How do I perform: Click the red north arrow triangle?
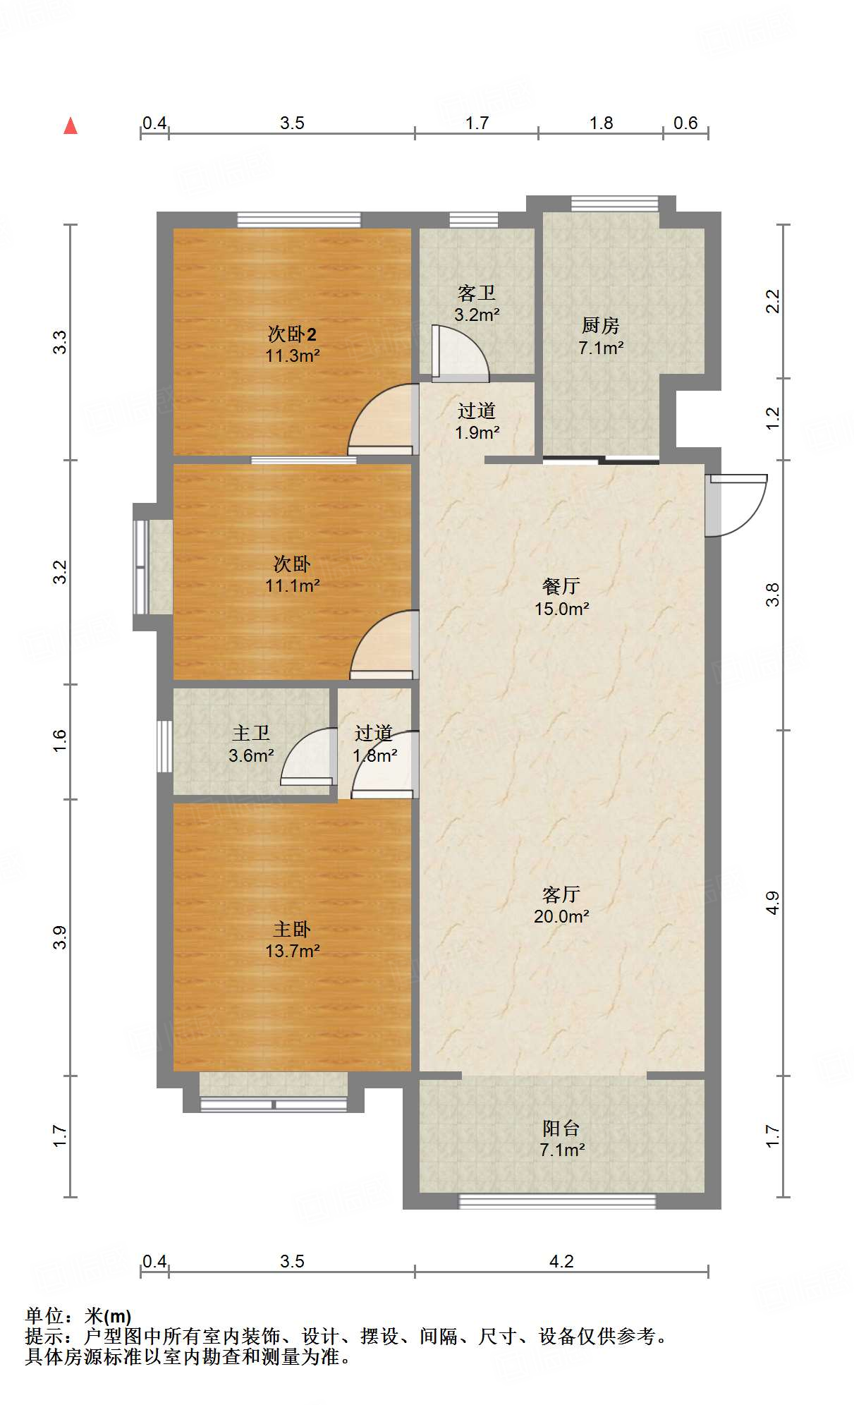[71, 126]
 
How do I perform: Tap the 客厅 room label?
[561, 894]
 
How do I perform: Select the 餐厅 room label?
[561, 586]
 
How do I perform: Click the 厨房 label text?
[601, 325]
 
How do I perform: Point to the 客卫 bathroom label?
[477, 293]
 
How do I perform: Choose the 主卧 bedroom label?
[292, 929]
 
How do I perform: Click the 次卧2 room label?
[292, 334]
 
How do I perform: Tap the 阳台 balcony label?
[561, 1128]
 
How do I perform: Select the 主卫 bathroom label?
[251, 734]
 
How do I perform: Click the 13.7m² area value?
[293, 951]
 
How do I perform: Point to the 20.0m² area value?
[561, 916]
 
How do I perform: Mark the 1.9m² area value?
[477, 432]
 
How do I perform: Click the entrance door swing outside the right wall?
[737, 505]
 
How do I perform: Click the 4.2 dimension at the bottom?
[561, 1261]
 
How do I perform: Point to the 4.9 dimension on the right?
[773, 903]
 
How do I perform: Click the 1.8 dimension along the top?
[601, 123]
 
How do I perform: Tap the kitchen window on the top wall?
[614, 204]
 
